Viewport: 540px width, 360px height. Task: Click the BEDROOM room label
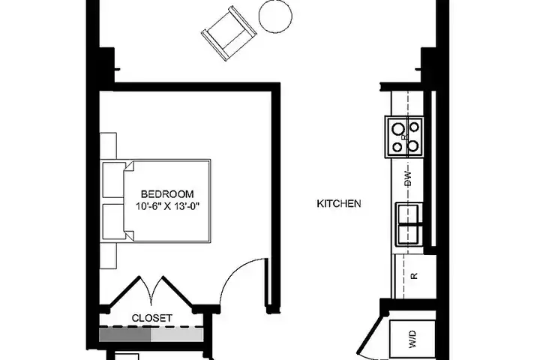pyautogui.click(x=167, y=194)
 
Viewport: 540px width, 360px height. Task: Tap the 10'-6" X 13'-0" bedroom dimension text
pyautogui.click(x=167, y=206)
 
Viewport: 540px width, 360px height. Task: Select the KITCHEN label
pyautogui.click(x=339, y=203)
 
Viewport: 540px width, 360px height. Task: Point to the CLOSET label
pyautogui.click(x=151, y=318)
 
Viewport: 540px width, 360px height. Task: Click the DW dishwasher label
pyautogui.click(x=408, y=178)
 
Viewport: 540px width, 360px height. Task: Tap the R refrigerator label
pyautogui.click(x=414, y=276)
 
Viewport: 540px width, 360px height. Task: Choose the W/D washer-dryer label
pyautogui.click(x=413, y=339)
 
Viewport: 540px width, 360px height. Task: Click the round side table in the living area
pyautogui.click(x=275, y=16)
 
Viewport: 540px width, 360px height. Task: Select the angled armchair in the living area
pyautogui.click(x=229, y=34)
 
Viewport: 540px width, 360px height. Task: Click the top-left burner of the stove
pyautogui.click(x=397, y=129)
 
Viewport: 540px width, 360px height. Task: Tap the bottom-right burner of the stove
pyautogui.click(x=413, y=146)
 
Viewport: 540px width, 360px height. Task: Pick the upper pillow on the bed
pyautogui.click(x=114, y=179)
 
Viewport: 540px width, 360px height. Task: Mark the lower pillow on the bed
pyautogui.click(x=114, y=221)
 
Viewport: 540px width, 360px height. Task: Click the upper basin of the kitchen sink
pyautogui.click(x=408, y=213)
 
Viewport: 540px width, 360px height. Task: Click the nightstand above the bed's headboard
pyautogui.click(x=108, y=146)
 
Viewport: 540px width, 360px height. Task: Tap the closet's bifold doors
pyautogui.click(x=151, y=292)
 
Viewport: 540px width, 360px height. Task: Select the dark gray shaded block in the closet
pyautogui.click(x=125, y=334)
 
